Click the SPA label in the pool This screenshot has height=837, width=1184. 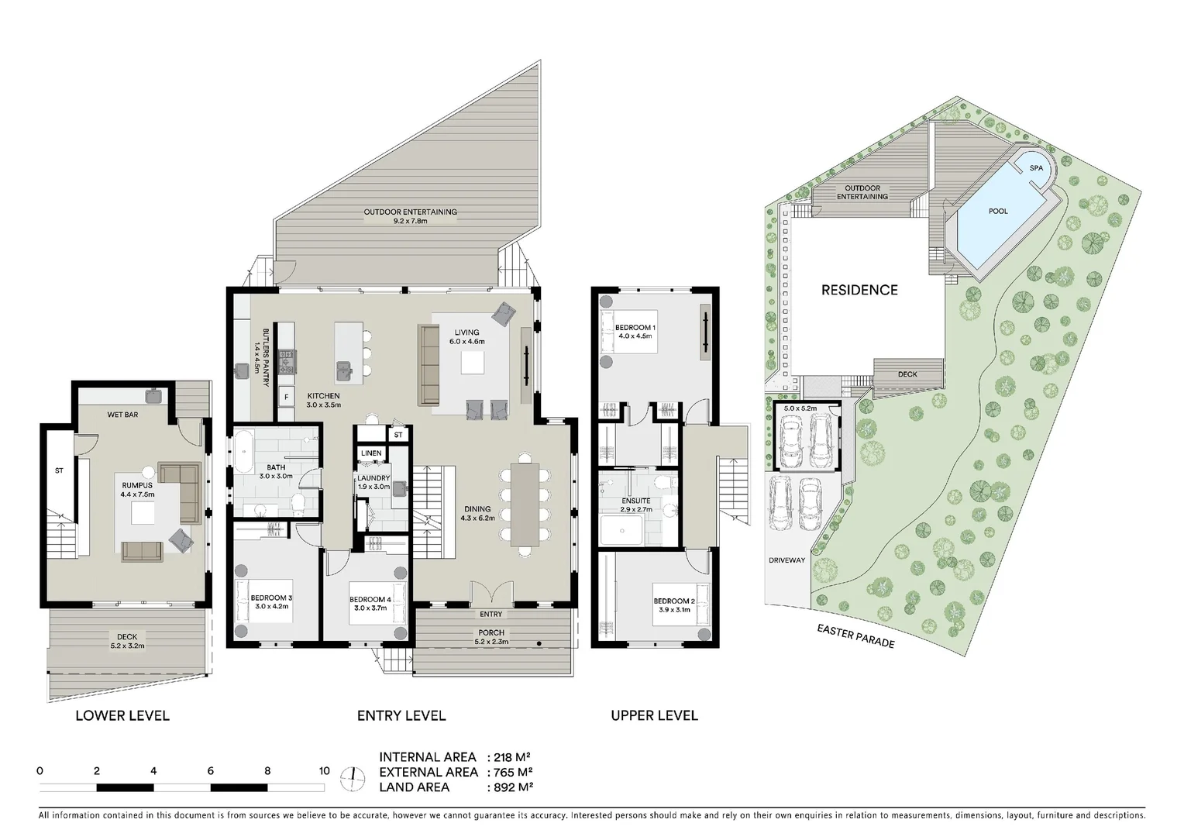point(1036,168)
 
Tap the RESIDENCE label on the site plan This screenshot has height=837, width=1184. point(859,290)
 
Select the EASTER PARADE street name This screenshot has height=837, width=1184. point(855,635)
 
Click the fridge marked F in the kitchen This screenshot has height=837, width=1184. point(287,397)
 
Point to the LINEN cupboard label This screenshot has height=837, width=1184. point(371,453)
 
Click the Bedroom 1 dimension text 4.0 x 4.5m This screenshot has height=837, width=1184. point(635,336)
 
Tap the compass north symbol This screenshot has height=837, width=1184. point(352,780)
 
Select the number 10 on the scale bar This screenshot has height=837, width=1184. point(324,771)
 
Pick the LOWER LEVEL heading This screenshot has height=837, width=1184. point(122,715)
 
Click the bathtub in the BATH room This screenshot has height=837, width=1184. point(244,452)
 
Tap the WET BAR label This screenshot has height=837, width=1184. point(122,415)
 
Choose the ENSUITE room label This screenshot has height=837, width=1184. point(636,500)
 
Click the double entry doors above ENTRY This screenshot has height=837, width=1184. point(491,592)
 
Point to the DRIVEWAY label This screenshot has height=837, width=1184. point(787,560)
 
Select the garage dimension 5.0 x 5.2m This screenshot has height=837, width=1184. point(800,408)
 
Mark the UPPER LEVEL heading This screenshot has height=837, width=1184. point(654,715)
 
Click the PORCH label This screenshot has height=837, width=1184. point(491,632)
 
